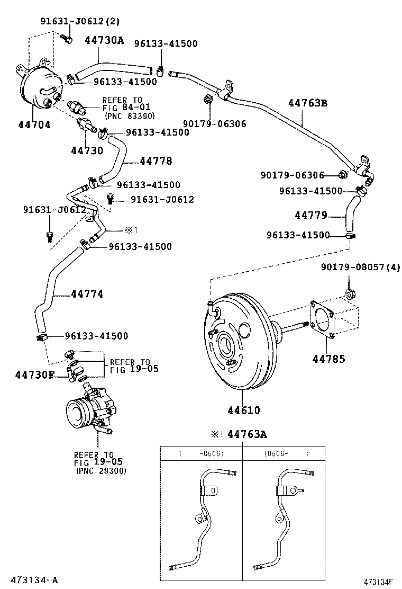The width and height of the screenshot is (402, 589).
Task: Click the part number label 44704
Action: (x=34, y=124)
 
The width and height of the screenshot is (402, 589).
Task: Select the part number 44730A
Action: (x=104, y=40)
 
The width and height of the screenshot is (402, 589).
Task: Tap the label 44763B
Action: (x=307, y=103)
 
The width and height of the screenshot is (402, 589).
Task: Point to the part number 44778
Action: (x=156, y=161)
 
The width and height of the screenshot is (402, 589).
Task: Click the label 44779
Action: (x=311, y=215)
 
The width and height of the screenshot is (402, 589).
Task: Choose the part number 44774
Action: (x=87, y=294)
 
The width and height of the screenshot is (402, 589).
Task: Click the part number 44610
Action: (x=244, y=410)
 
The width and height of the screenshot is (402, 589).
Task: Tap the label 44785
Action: (x=328, y=359)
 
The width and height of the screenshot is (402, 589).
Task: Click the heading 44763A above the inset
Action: (x=247, y=434)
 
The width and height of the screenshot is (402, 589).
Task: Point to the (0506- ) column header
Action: (x=286, y=453)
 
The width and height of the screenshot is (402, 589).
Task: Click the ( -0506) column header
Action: (x=201, y=453)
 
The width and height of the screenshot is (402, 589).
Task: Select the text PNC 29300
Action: (x=101, y=471)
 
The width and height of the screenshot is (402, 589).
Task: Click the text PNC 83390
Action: (x=130, y=115)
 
